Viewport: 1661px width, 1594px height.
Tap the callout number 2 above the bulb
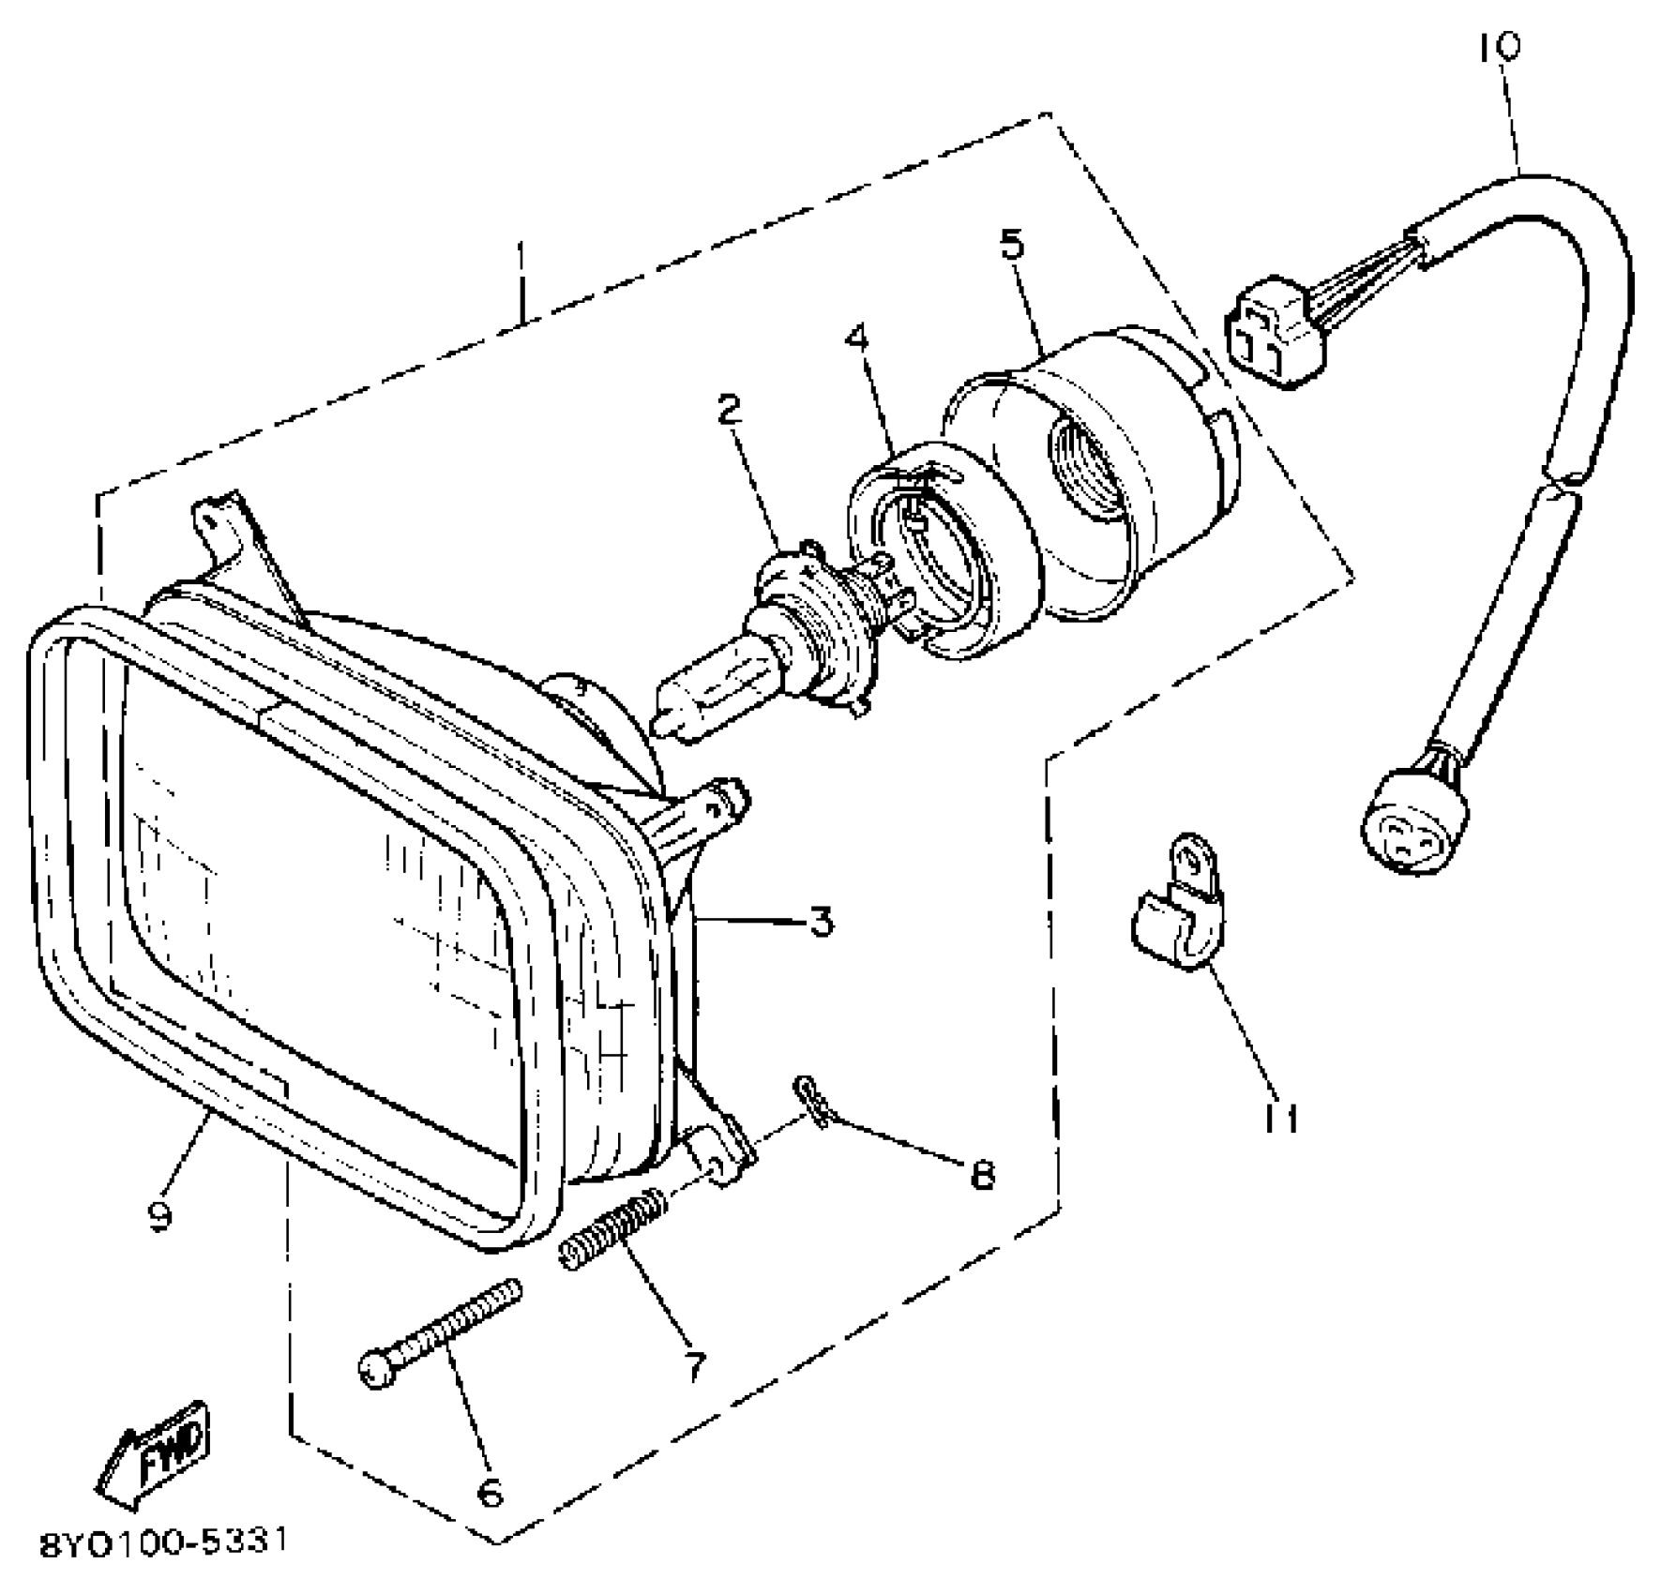click(729, 409)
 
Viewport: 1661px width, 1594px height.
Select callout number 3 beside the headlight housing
click(821, 923)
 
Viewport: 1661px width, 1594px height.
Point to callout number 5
click(1012, 244)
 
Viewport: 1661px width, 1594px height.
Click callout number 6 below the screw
click(490, 1491)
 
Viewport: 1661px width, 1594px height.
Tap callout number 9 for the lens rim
click(160, 1217)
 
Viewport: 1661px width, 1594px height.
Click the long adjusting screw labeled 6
click(439, 1332)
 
